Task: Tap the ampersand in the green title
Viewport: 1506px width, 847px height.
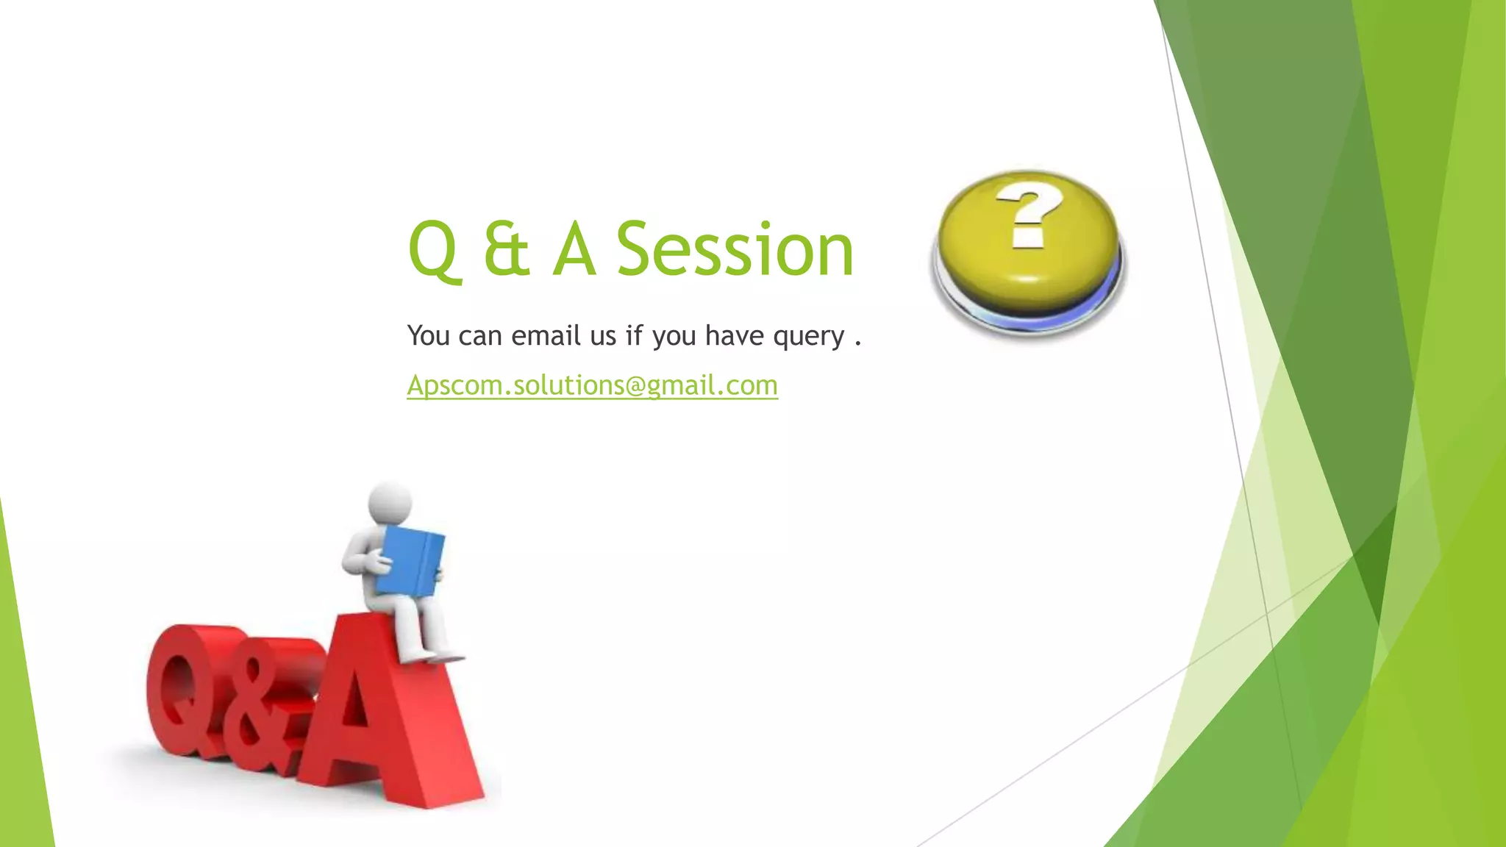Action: pyautogui.click(x=507, y=251)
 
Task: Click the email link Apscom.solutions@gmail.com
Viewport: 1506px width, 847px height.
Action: pyautogui.click(x=592, y=385)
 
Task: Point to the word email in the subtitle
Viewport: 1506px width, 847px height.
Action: pyautogui.click(x=546, y=335)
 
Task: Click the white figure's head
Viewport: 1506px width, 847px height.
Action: pyautogui.click(x=390, y=504)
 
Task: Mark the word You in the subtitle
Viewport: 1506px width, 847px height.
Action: pyautogui.click(x=428, y=335)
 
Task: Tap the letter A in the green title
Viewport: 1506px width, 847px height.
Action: pyautogui.click(x=574, y=251)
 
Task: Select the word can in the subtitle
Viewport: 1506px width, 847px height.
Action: pyautogui.click(x=479, y=336)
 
